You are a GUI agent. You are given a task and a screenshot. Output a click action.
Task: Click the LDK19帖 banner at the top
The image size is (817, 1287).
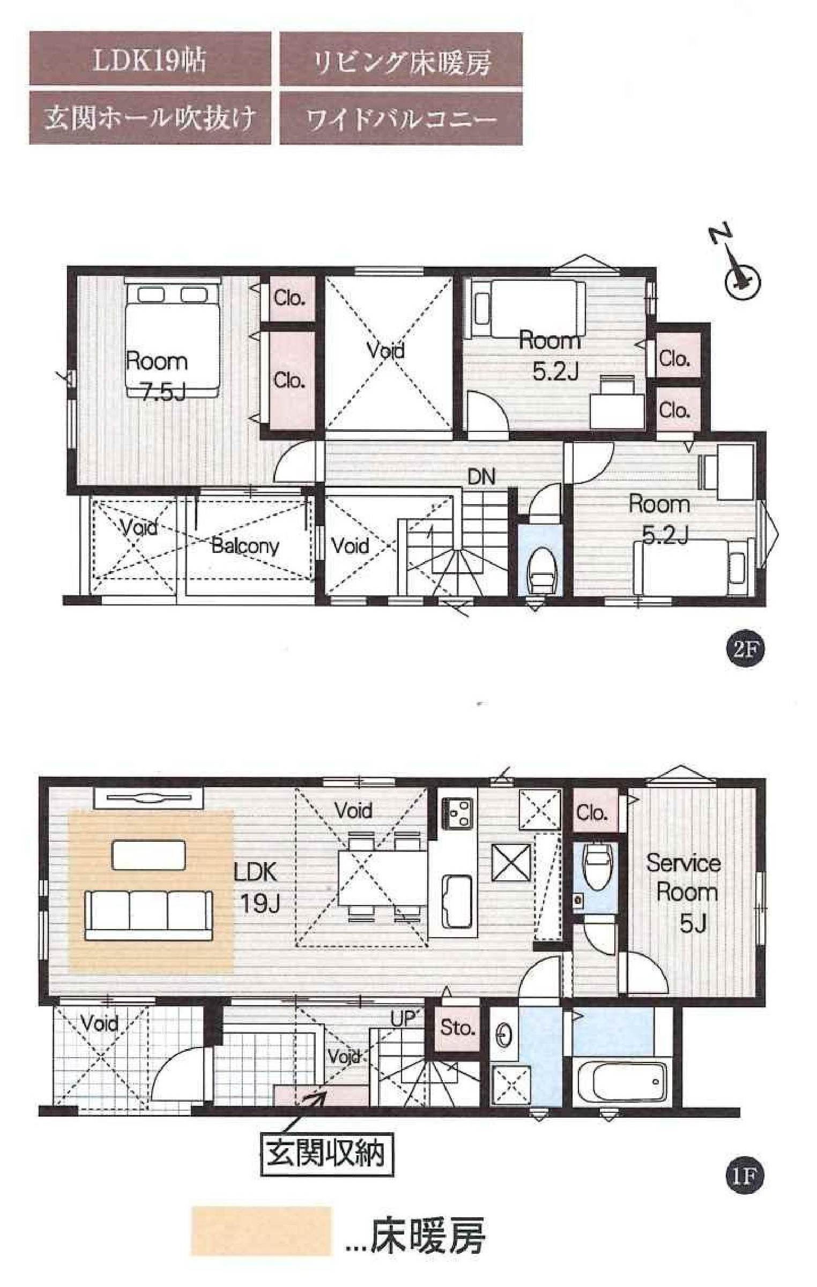[150, 59]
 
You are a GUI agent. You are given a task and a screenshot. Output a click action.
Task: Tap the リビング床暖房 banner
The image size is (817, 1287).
[401, 59]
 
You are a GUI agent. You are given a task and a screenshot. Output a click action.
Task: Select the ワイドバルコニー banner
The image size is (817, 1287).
[401, 118]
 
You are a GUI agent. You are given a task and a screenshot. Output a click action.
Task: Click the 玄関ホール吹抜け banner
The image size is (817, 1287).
[150, 118]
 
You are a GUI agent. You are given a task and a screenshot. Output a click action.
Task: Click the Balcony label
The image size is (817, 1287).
[245, 545]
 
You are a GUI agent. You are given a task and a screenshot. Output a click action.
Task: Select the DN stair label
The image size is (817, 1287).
[481, 476]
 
